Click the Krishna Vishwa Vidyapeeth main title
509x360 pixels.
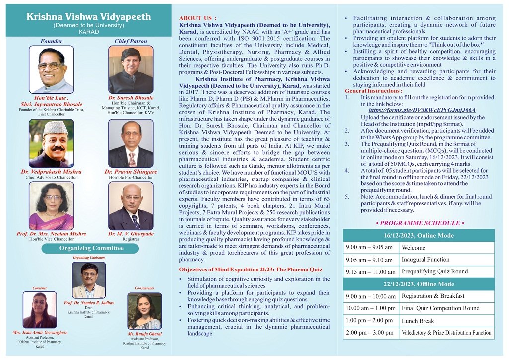tap(88, 17)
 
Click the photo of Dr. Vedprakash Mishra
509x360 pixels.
tap(51, 143)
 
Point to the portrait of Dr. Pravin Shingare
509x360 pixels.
tap(131, 143)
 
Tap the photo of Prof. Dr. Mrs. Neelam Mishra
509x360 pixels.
tap(51, 205)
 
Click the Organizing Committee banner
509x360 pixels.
tap(89, 248)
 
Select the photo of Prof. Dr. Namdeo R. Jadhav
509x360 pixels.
tap(88, 280)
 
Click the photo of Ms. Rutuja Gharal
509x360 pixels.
tap(145, 311)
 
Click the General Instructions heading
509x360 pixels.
tap(373, 91)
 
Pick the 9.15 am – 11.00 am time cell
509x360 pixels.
tap(370, 272)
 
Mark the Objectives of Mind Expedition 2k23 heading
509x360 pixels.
tap(247, 270)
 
